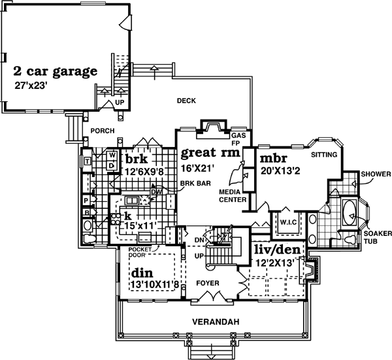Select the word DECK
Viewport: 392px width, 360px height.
click(x=187, y=101)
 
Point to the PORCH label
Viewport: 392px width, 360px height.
click(x=103, y=131)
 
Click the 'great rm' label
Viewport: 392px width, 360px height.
click(x=207, y=154)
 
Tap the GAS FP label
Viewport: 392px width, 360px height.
click(x=237, y=139)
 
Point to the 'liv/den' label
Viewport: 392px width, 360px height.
click(x=274, y=250)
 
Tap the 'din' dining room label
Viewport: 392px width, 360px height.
click(x=144, y=272)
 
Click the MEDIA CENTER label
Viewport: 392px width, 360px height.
click(x=232, y=197)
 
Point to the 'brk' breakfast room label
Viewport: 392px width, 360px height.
click(x=138, y=159)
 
